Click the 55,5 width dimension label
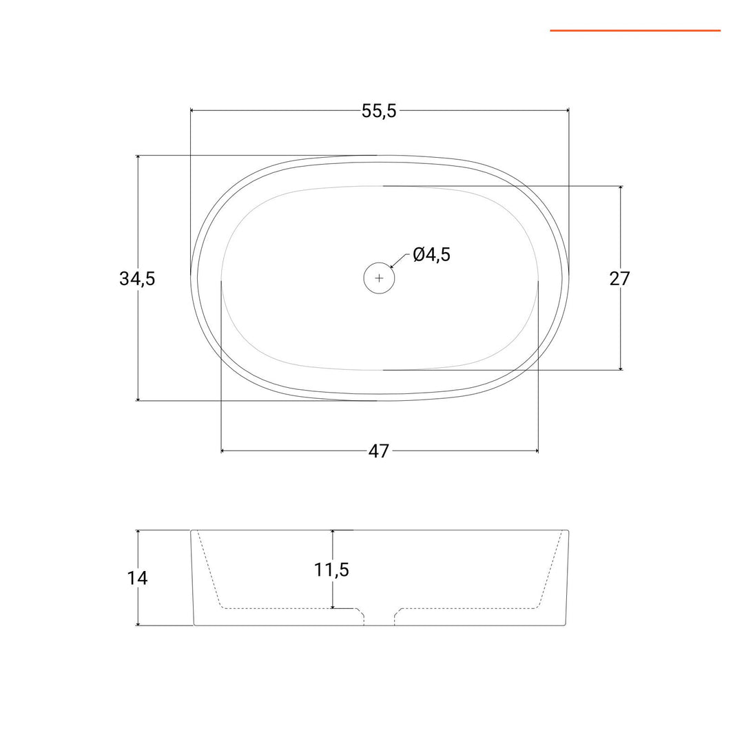tap(379, 111)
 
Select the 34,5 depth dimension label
tap(137, 278)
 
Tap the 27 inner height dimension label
tap(620, 278)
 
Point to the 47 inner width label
tap(379, 451)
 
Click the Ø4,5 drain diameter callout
tap(431, 255)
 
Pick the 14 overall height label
tap(137, 578)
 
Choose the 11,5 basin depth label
tap(331, 570)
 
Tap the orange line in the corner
tap(635, 31)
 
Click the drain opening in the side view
tap(379, 617)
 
